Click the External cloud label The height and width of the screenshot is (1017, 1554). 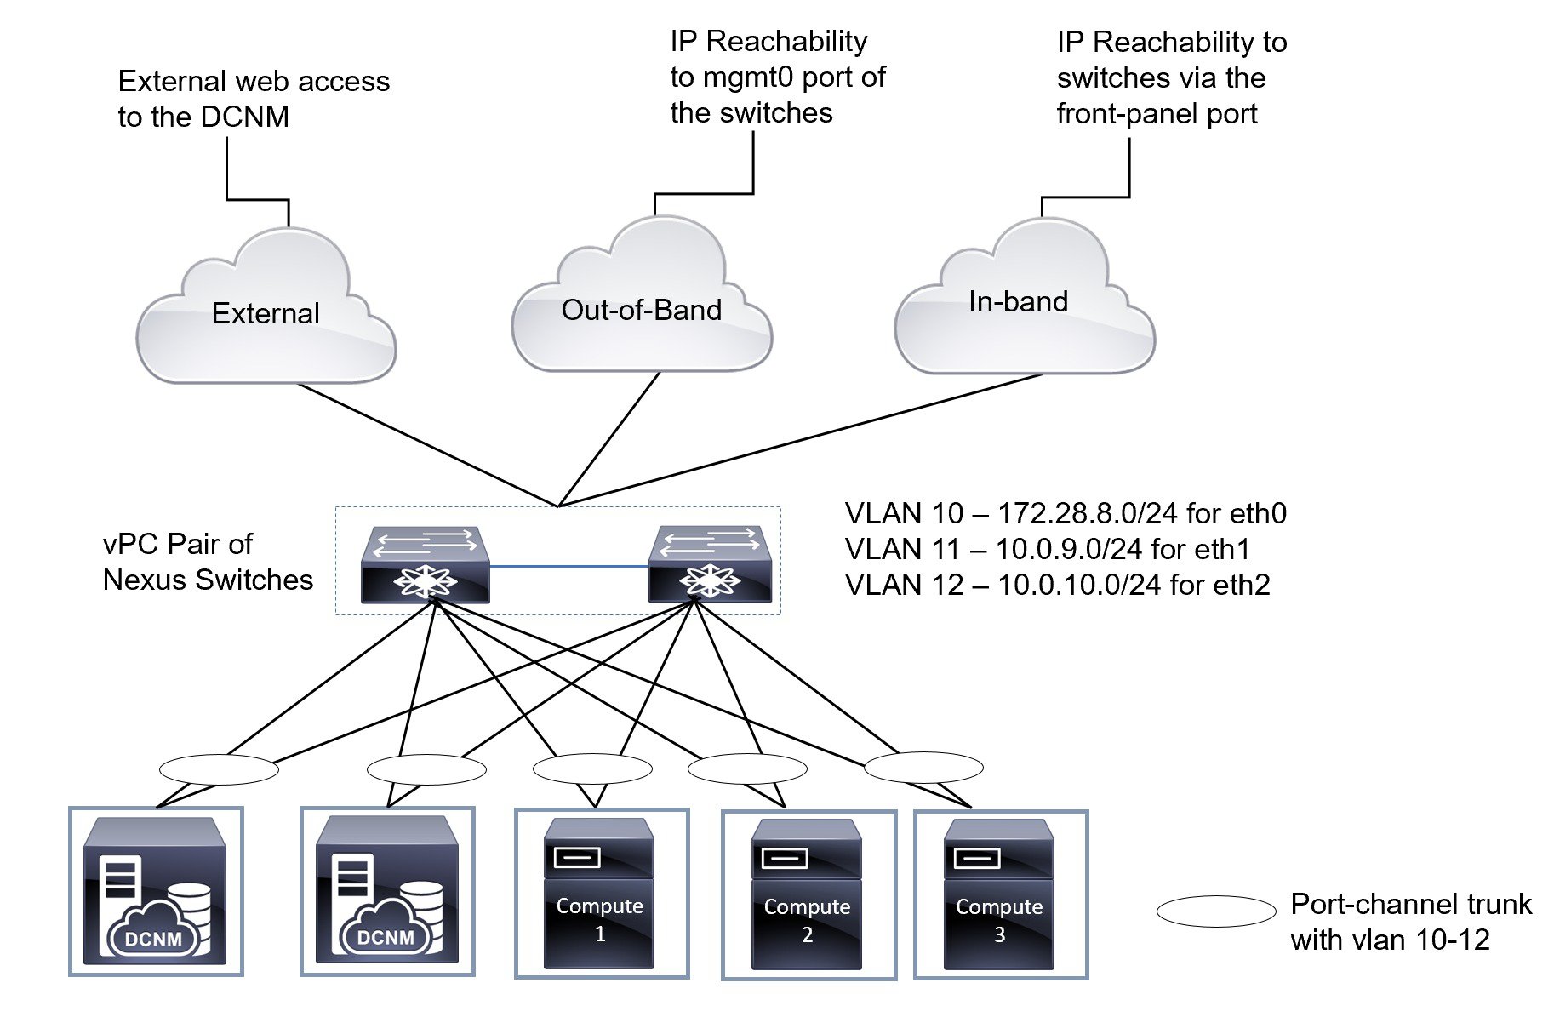pyautogui.click(x=266, y=313)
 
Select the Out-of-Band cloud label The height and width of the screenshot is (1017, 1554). pyautogui.click(x=641, y=310)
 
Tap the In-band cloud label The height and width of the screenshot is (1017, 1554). pyautogui.click(x=1018, y=301)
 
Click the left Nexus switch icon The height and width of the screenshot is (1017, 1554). pyautogui.click(x=425, y=564)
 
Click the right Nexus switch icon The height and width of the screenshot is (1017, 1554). pyautogui.click(x=710, y=564)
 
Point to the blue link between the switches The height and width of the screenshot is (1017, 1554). pyautogui.click(x=568, y=566)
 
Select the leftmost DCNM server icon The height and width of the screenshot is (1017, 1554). pyautogui.click(x=155, y=890)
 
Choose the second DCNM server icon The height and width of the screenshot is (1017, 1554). pyautogui.click(x=386, y=890)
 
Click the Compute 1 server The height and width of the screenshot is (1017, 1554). pyautogui.click(x=599, y=894)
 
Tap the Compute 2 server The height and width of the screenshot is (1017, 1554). pyautogui.click(x=807, y=894)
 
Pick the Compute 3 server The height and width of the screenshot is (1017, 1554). pyautogui.click(x=999, y=894)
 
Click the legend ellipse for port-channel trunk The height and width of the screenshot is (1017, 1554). pyautogui.click(x=1216, y=911)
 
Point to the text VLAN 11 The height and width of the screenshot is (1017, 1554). pyautogui.click(x=903, y=549)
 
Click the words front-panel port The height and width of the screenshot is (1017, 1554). pyautogui.click(x=1157, y=113)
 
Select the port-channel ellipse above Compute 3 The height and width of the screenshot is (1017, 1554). pyautogui.click(x=923, y=767)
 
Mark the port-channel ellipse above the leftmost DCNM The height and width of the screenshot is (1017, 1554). pyautogui.click(x=219, y=768)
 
